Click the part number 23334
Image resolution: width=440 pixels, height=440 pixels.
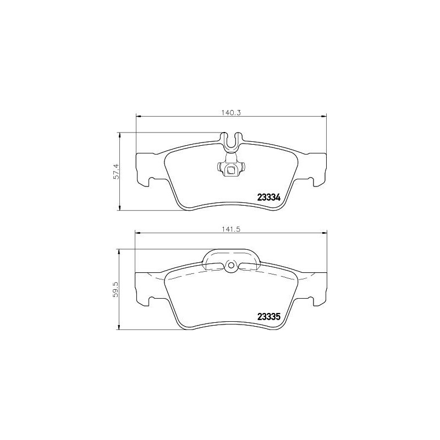(269, 197)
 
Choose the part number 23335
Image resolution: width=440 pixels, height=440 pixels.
(269, 316)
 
